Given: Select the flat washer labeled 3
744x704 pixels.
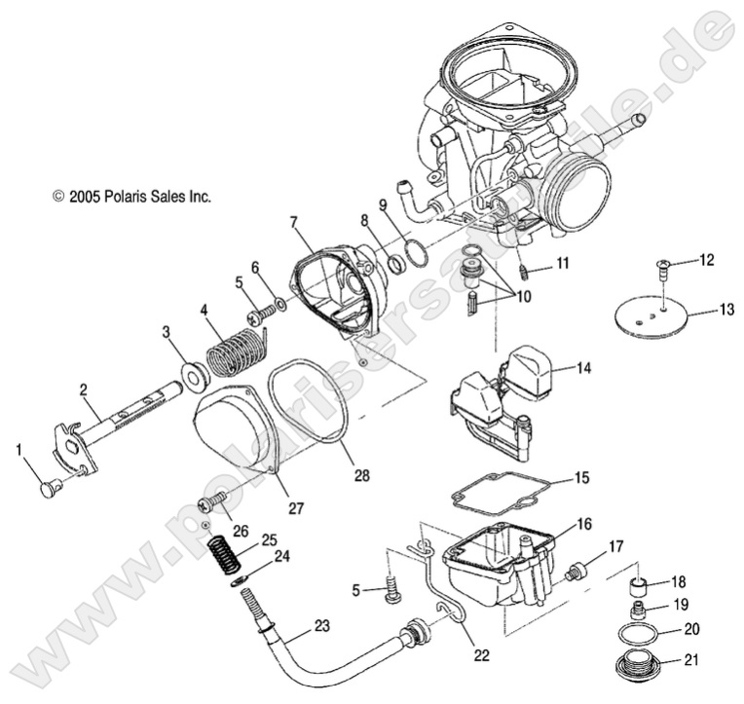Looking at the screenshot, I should click(x=194, y=372).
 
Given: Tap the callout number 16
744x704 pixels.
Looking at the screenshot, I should click(x=584, y=524).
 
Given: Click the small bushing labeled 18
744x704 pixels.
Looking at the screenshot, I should click(x=639, y=587).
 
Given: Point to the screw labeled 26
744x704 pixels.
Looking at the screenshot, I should click(x=211, y=504).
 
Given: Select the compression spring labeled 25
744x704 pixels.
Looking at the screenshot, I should click(x=226, y=554).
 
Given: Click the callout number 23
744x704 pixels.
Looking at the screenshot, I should click(x=321, y=627).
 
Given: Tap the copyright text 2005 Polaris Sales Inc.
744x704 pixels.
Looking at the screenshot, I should click(x=131, y=196).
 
